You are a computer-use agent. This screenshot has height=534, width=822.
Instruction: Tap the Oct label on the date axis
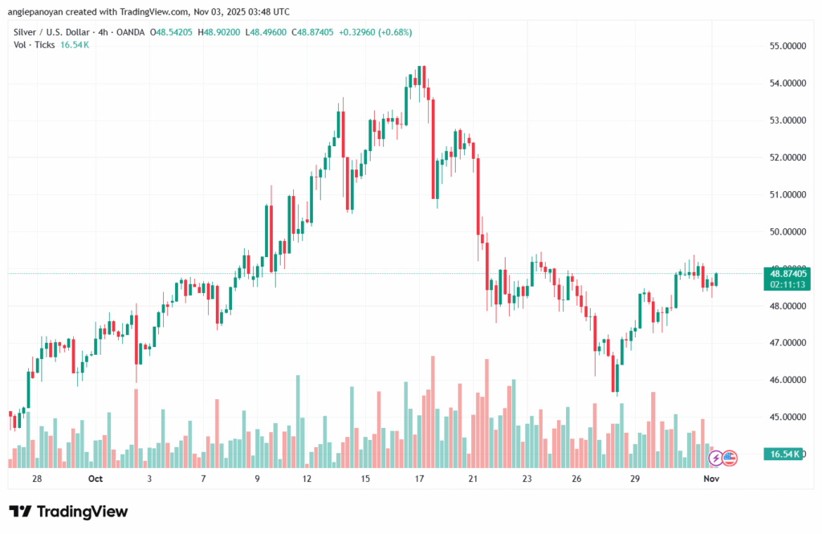[x=96, y=479]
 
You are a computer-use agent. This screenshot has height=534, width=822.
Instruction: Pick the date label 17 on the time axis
[x=420, y=479]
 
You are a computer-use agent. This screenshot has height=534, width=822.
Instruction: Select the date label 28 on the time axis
[x=37, y=479]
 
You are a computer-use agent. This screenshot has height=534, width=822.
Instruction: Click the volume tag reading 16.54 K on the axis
[x=784, y=455]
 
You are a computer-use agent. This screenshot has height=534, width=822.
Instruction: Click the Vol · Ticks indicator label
[x=34, y=45]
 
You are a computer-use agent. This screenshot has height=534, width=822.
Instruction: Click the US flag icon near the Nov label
[x=729, y=458]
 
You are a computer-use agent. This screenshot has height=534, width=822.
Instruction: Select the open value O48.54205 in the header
[x=169, y=32]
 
